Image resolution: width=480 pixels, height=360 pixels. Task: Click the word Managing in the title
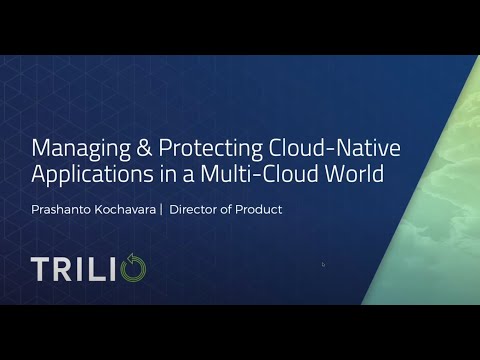75,150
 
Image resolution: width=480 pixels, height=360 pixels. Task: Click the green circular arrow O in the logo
134,269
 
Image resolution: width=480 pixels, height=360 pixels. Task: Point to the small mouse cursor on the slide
323,264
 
